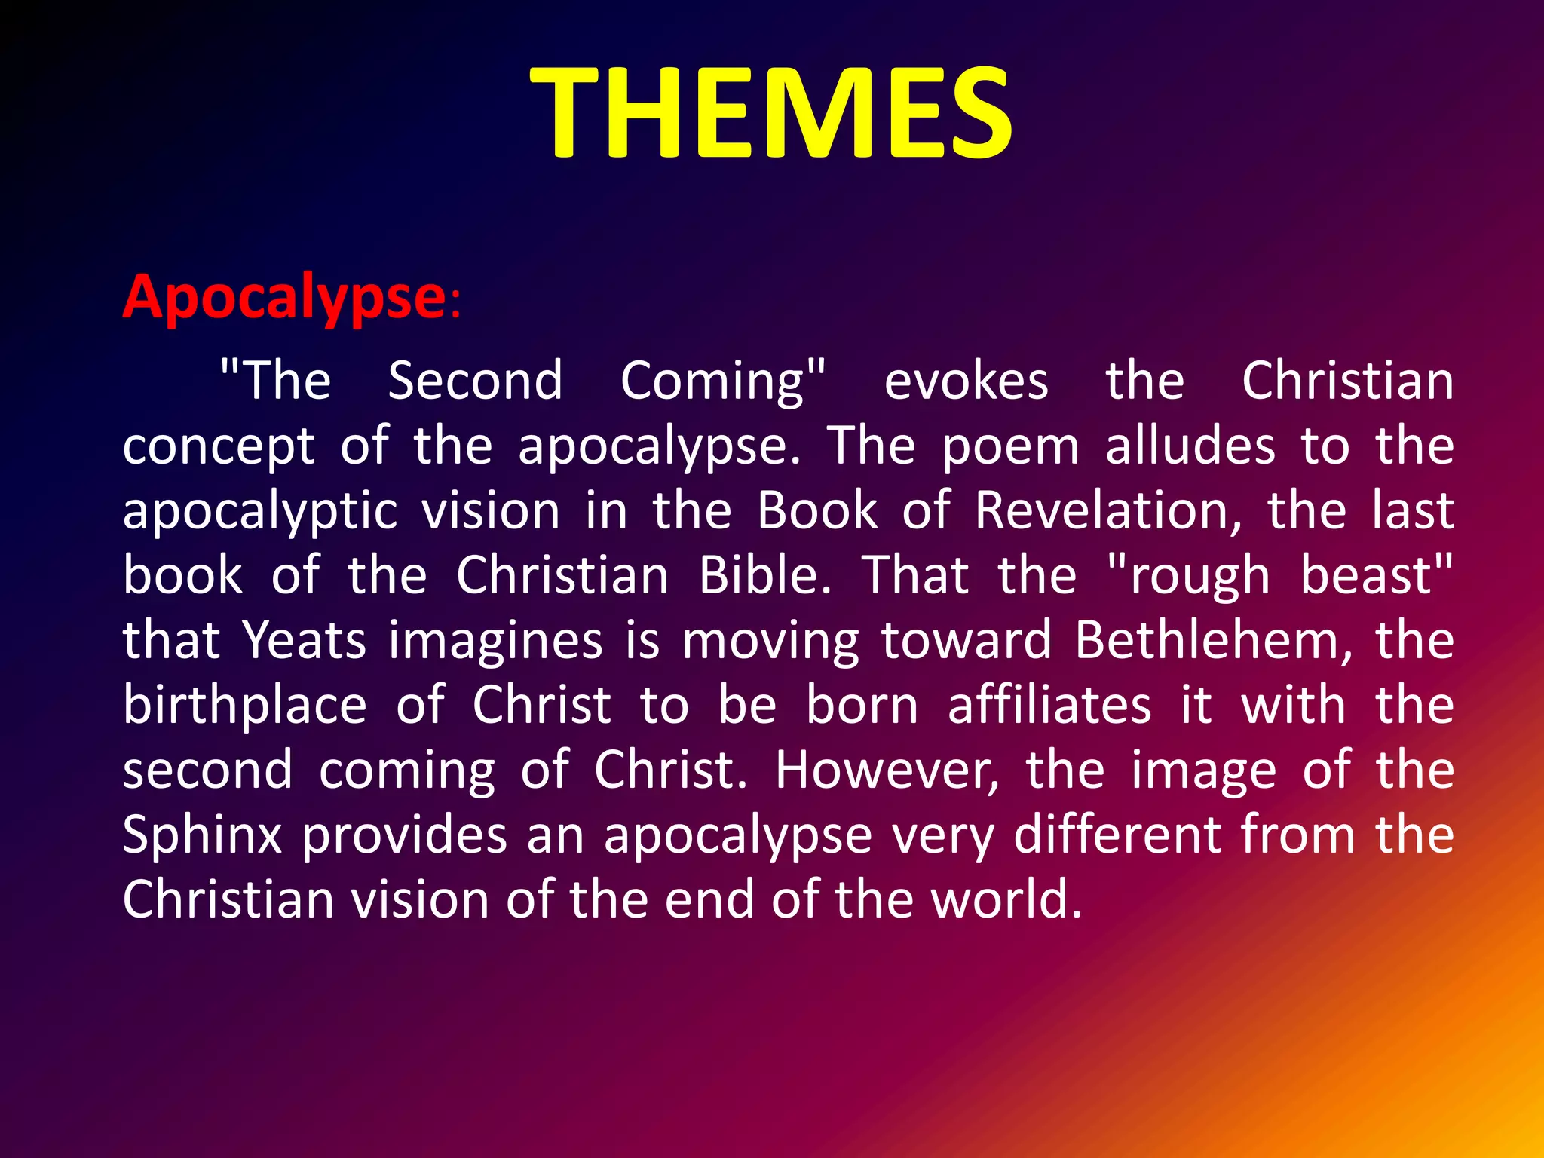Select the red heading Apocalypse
click(x=285, y=297)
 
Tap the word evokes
click(x=966, y=381)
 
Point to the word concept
click(x=219, y=447)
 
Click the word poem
click(x=1011, y=446)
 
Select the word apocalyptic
click(x=260, y=512)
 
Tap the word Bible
click(x=765, y=575)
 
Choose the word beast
click(x=1365, y=575)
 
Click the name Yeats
click(x=305, y=640)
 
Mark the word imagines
click(x=495, y=642)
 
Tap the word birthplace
click(x=245, y=706)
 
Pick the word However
click(x=887, y=770)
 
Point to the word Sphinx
click(x=202, y=835)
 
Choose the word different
click(x=1117, y=835)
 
